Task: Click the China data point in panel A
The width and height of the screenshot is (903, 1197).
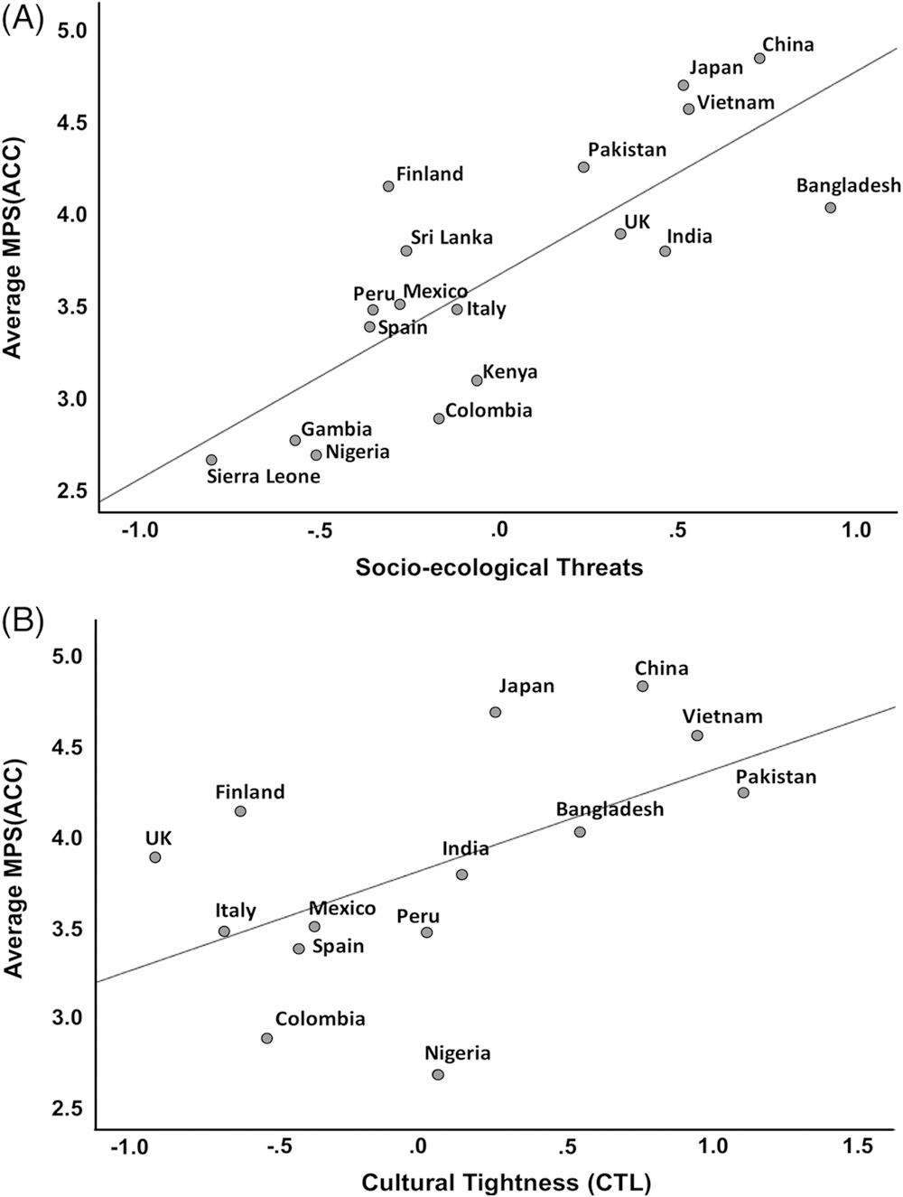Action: (x=759, y=59)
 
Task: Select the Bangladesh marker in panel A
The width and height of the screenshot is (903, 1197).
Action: (x=831, y=208)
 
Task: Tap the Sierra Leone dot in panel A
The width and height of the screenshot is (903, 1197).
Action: (x=211, y=460)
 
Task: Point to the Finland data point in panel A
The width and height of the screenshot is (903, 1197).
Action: (x=388, y=186)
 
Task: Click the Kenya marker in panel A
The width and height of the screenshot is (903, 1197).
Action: (x=477, y=380)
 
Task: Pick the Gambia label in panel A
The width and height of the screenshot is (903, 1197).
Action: (x=336, y=429)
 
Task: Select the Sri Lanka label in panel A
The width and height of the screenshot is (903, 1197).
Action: (x=451, y=238)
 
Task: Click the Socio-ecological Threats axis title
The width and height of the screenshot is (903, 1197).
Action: (x=499, y=567)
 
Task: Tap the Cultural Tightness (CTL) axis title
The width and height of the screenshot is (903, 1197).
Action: (x=507, y=1182)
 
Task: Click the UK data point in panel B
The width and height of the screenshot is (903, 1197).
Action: (x=155, y=857)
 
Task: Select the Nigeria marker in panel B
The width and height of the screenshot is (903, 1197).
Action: (x=438, y=1074)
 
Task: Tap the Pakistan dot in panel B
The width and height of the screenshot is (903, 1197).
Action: (x=743, y=792)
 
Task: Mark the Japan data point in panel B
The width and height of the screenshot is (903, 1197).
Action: (x=495, y=712)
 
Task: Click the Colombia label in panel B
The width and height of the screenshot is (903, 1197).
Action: (x=320, y=1019)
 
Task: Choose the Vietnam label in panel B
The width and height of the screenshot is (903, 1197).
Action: (x=722, y=716)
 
